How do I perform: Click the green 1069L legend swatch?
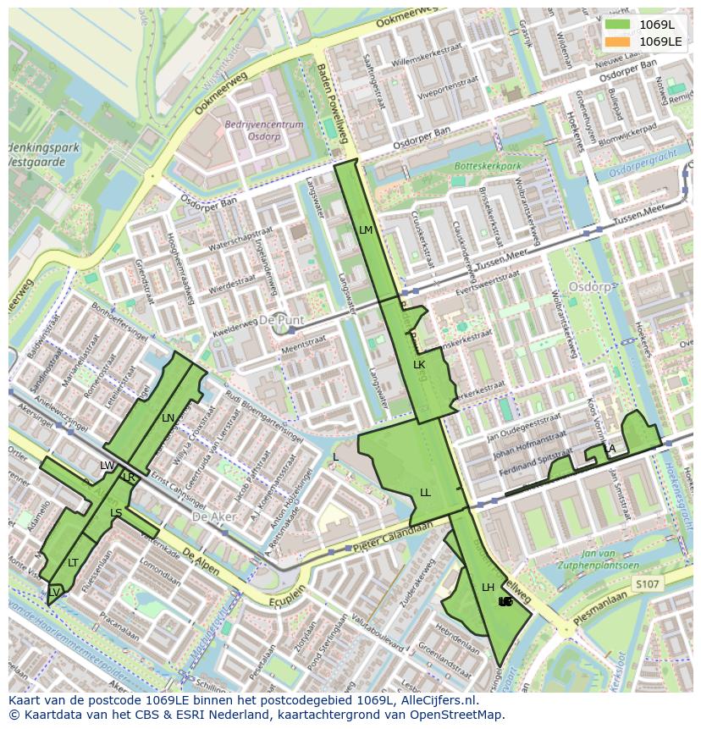(618, 25)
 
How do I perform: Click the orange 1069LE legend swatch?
(618, 41)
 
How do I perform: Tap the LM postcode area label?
(366, 229)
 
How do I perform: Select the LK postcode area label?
(419, 365)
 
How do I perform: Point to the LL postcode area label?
(425, 492)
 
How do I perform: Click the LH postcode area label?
(488, 587)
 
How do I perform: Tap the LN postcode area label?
(168, 417)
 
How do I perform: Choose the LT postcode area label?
(73, 562)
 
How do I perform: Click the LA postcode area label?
(610, 449)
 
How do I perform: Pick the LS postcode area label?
(116, 513)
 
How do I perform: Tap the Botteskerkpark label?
(488, 167)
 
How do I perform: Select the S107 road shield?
(646, 583)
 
